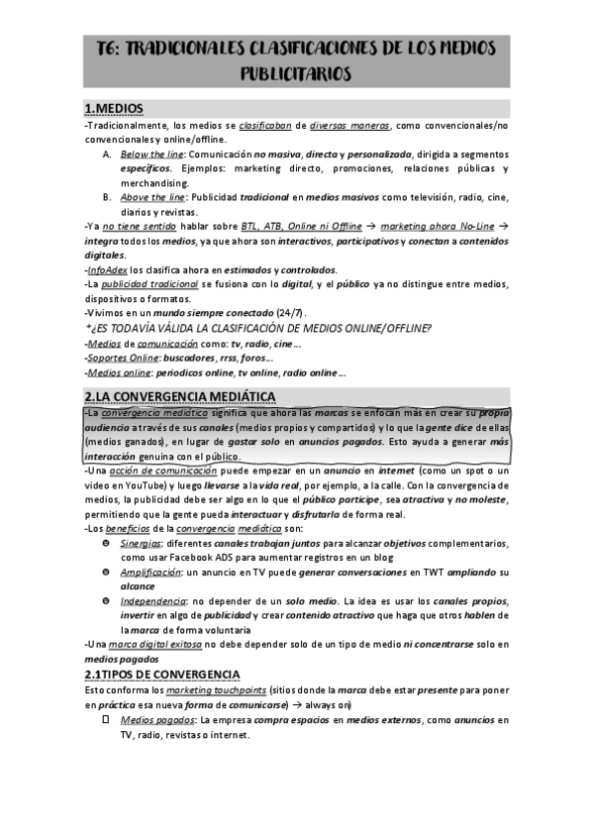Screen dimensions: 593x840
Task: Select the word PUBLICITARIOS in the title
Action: [x=296, y=73]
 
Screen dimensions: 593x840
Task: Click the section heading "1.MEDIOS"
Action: [x=114, y=107]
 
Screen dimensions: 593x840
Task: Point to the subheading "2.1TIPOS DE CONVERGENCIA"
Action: [x=162, y=674]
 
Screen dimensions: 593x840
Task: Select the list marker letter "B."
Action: [x=107, y=197]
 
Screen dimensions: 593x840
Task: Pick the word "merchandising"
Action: [x=153, y=183]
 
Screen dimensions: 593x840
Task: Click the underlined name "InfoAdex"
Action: [x=108, y=269]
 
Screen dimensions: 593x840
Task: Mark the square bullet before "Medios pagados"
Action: [x=106, y=719]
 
